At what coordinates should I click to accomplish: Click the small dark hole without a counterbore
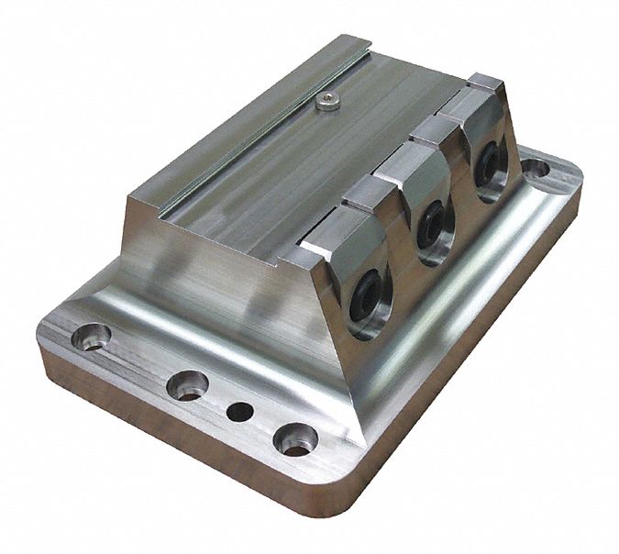click(x=239, y=412)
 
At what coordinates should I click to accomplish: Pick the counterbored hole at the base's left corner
click(x=92, y=337)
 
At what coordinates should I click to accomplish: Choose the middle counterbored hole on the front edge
click(x=187, y=384)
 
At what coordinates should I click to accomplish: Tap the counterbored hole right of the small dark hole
click(x=295, y=439)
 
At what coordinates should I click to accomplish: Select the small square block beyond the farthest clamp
click(x=483, y=80)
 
